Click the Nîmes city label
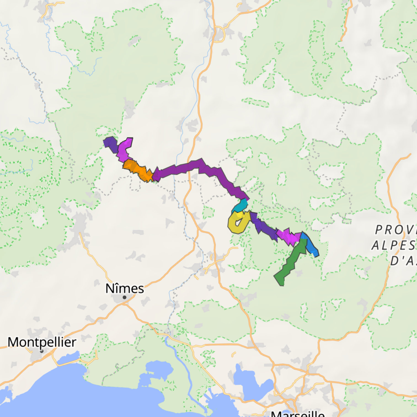[125, 288]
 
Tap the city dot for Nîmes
[125, 297]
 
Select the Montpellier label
[42, 342]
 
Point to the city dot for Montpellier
[42, 351]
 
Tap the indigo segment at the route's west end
[111, 143]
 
